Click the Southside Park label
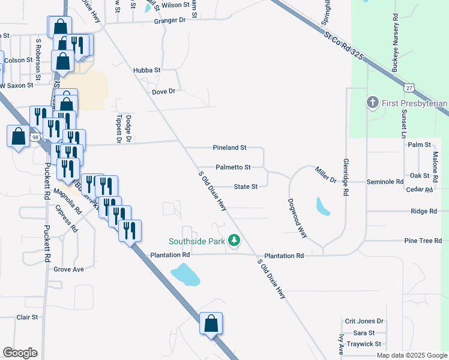[x=196, y=241]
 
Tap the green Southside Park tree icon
[x=234, y=241]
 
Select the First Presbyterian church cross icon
[x=372, y=103]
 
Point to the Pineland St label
[x=230, y=148]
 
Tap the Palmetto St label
[x=233, y=167]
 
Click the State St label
[x=246, y=187]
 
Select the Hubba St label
[x=147, y=70]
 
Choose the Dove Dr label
[x=163, y=91]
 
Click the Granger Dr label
[x=170, y=20]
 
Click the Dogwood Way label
[x=297, y=218]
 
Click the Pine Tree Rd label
[x=423, y=241]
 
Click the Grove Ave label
[x=68, y=269]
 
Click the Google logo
[x=20, y=353]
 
